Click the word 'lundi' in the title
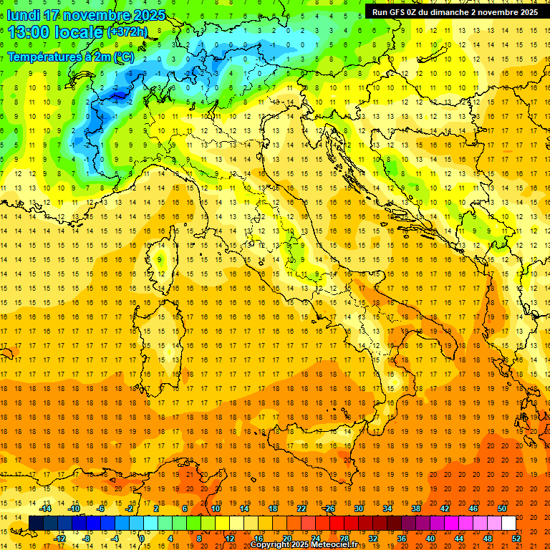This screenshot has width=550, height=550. [23, 15]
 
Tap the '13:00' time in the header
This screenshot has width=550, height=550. [29, 32]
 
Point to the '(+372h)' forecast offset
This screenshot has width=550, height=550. [127, 32]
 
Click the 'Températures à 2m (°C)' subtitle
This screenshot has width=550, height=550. [70, 56]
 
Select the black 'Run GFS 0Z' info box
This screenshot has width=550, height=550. [455, 11]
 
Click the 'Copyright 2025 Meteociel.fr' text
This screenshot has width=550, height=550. [304, 545]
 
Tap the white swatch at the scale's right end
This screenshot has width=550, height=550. [508, 523]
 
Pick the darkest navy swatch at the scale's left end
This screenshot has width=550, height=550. [36, 523]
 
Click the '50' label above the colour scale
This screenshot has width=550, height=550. [501, 508]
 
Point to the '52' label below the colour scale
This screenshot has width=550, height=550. [516, 538]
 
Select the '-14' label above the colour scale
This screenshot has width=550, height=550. [47, 508]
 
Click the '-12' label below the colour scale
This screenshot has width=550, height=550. [59, 538]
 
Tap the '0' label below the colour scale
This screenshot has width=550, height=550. [142, 538]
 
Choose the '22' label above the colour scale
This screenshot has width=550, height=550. [301, 508]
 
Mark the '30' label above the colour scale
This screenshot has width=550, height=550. [359, 508]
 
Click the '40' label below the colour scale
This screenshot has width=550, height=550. [430, 538]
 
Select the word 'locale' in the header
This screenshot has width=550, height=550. [82, 32]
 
